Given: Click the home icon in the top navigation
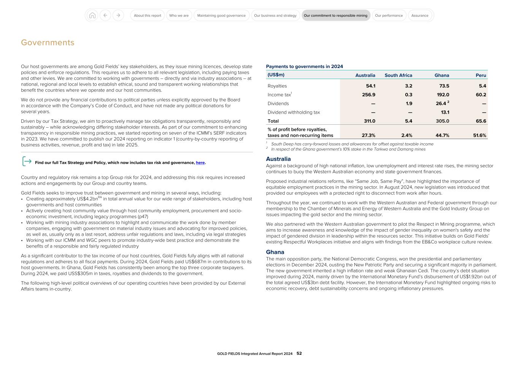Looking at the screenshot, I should pyautogui.click(x=92, y=16).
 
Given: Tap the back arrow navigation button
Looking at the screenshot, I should pyautogui.click(x=105, y=16).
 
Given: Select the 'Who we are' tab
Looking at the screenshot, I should pyautogui.click(x=179, y=16).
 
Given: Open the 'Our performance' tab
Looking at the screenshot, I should pyautogui.click(x=389, y=16).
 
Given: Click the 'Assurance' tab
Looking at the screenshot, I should pyautogui.click(x=420, y=16).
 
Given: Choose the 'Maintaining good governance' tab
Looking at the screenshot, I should pyautogui.click(x=221, y=16).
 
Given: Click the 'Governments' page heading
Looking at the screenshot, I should pyautogui.click(x=48, y=43).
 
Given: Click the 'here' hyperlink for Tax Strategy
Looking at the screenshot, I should pyautogui.click(x=200, y=163).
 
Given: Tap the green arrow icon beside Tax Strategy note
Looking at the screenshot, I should pyautogui.click(x=27, y=161).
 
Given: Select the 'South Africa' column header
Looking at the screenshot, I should pyautogui.click(x=398, y=75).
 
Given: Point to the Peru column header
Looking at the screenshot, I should pyautogui.click(x=481, y=75).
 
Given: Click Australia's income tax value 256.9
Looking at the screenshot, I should pyautogui.click(x=368, y=95).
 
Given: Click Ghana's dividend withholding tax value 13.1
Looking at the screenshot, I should pyautogui.click(x=445, y=112).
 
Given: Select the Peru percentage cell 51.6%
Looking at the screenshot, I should pyautogui.click(x=479, y=135).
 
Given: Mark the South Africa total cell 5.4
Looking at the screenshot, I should pyautogui.click(x=408, y=121).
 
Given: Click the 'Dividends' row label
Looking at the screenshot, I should pyautogui.click(x=278, y=103).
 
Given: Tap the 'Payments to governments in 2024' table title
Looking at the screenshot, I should pyautogui.click(x=304, y=67).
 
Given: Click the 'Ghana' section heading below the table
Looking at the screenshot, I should pyautogui.click(x=275, y=252).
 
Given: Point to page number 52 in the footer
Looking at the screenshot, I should pyautogui.click(x=299, y=354).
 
